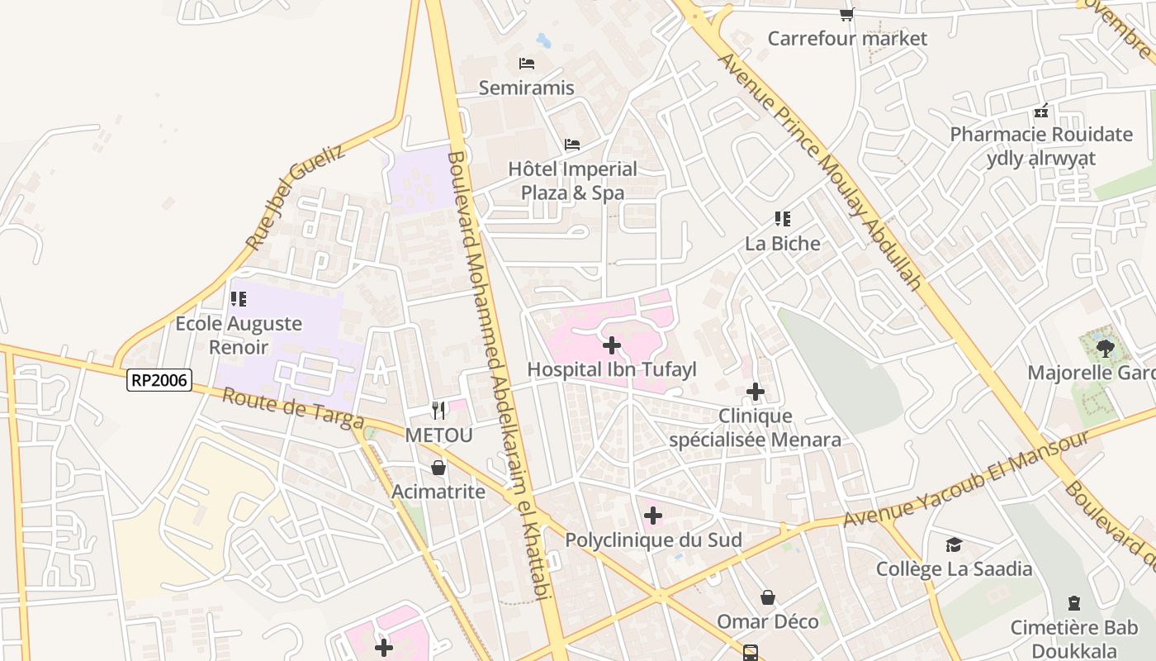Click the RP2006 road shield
159,380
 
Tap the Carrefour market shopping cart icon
847,14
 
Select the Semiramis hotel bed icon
527,63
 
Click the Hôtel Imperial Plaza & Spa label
572,181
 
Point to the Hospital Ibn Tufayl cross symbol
612,345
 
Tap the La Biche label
783,244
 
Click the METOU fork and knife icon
438,410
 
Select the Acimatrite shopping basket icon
438,468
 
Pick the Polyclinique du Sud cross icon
653,516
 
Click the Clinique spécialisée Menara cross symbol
756,392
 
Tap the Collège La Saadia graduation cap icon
954,544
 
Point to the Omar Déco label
768,621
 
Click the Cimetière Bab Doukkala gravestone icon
1074,603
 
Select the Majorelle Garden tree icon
1106,348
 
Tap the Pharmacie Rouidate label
1041,135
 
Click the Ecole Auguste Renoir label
239,335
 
